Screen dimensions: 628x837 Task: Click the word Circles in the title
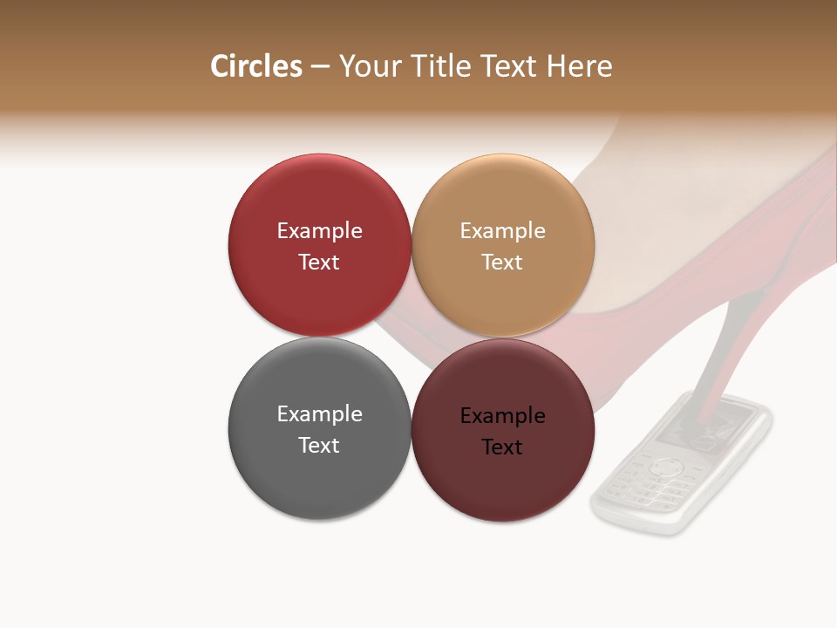[x=255, y=66]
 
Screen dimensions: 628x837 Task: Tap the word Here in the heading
[x=579, y=66]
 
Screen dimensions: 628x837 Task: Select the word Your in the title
[x=371, y=66]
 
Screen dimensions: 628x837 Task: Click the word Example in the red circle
[x=319, y=231]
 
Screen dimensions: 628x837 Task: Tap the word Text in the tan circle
[x=502, y=263]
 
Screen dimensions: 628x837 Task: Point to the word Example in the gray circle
[x=319, y=414]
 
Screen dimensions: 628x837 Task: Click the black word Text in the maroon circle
[x=502, y=447]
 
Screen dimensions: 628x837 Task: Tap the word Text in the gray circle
[x=319, y=446]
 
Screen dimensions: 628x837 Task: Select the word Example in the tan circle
[x=502, y=231]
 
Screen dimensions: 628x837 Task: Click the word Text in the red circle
[x=319, y=263]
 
